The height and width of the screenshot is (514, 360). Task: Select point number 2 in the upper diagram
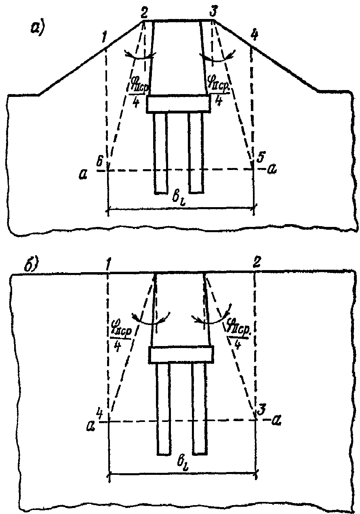click(x=144, y=12)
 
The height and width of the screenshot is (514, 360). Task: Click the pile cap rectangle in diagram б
click(x=181, y=355)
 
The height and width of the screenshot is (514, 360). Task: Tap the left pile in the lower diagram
click(x=163, y=408)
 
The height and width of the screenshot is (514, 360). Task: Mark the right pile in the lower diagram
click(x=200, y=408)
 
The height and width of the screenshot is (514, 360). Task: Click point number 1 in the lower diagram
click(x=108, y=264)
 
